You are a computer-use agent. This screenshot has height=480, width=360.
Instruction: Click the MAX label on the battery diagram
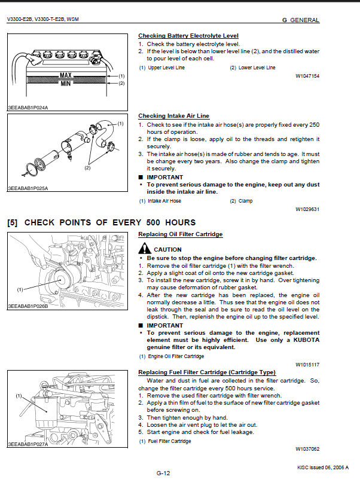(x=66, y=75)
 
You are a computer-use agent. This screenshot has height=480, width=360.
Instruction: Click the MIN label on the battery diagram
(x=66, y=83)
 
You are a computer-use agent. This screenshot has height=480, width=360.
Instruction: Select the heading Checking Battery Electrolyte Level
(x=188, y=36)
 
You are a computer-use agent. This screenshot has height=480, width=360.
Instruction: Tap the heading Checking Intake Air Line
(x=173, y=116)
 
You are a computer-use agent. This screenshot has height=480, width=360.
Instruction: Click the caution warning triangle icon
(x=145, y=248)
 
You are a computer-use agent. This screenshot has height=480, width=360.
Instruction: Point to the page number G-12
(x=163, y=473)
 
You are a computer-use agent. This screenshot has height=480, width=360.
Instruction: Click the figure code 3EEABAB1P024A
(x=28, y=108)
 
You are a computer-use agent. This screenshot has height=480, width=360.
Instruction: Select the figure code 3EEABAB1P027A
(x=28, y=444)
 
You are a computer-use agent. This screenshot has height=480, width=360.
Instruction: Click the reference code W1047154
(x=307, y=76)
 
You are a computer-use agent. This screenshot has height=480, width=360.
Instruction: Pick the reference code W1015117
(x=307, y=365)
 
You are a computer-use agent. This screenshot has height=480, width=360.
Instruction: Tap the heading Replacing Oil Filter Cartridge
(x=181, y=234)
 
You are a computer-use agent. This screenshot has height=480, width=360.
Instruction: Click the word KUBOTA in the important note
(x=306, y=340)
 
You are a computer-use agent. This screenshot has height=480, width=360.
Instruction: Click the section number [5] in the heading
(x=12, y=222)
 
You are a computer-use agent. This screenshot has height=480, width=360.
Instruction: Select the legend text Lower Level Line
(x=257, y=68)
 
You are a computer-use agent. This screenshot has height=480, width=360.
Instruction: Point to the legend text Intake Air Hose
(x=164, y=201)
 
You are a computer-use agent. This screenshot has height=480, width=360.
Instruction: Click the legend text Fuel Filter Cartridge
(x=169, y=441)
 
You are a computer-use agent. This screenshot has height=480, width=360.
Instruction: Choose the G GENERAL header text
(x=301, y=20)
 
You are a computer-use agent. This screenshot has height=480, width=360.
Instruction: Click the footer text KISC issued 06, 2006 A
(x=323, y=467)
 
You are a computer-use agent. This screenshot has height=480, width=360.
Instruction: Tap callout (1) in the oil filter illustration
(x=20, y=289)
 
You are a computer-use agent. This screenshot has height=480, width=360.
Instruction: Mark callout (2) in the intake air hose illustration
(x=87, y=168)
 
